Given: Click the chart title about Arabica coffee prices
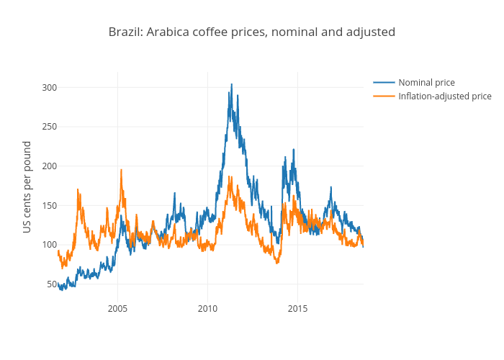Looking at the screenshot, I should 251,32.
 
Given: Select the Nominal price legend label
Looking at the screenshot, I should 426,83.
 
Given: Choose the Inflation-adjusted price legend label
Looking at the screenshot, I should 445,96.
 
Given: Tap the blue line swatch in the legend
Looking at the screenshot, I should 384,83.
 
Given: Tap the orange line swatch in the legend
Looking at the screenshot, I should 384,96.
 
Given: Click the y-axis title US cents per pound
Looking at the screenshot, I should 27,186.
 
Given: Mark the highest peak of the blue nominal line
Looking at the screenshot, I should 231,84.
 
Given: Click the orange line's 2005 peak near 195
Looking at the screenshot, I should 121,170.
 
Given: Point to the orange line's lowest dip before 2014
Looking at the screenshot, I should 277,263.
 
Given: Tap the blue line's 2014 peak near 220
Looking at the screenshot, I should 293,150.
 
